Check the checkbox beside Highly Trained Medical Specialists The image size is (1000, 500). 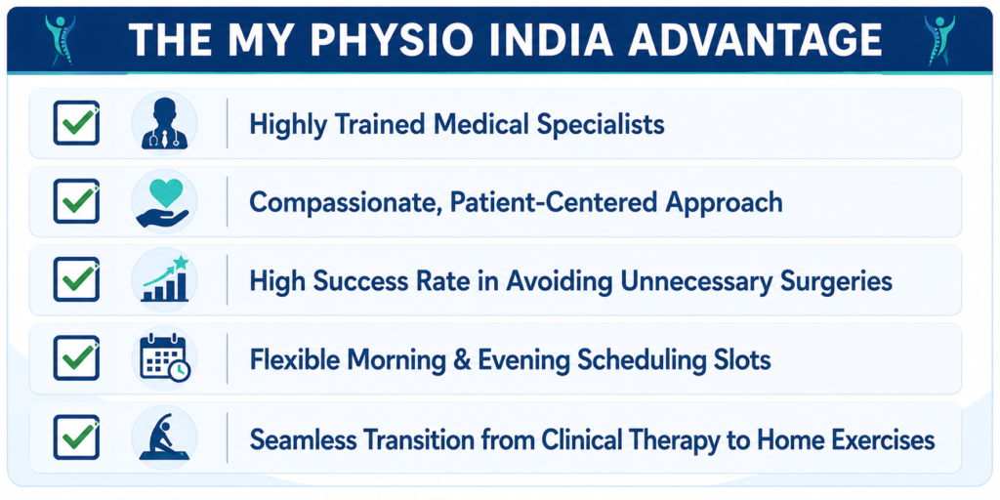(76, 123)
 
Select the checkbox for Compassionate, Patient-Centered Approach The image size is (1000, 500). (76, 201)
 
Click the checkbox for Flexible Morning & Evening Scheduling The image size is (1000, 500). (76, 358)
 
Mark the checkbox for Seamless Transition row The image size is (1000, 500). (76, 437)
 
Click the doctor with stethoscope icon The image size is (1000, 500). (164, 124)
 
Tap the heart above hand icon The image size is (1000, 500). (163, 202)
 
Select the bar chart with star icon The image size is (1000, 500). (164, 278)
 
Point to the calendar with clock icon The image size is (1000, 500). (164, 357)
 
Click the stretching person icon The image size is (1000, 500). (164, 437)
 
